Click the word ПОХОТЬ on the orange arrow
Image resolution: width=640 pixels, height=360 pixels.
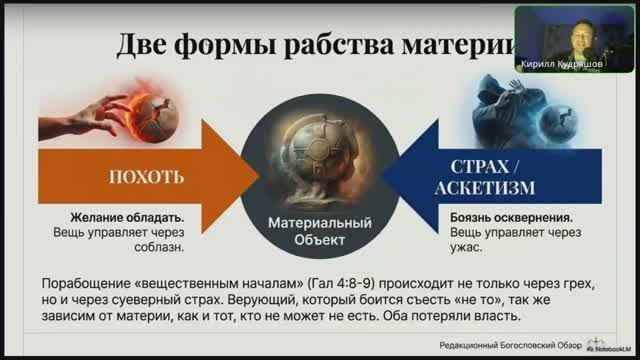click(147, 177)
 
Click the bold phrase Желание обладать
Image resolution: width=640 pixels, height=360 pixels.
click(109, 216)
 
